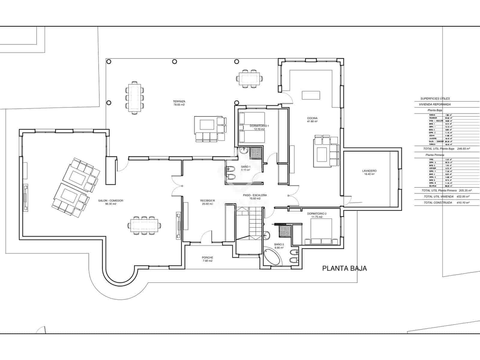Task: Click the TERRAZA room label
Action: (x=179, y=101)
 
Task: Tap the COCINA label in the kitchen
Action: (x=312, y=118)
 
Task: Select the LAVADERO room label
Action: (x=369, y=171)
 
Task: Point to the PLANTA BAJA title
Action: (x=344, y=268)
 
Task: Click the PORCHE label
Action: (x=207, y=258)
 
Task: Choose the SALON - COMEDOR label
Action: (x=110, y=201)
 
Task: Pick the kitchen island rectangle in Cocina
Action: (x=311, y=95)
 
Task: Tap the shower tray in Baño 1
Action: (x=256, y=152)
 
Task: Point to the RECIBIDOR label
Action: (x=208, y=200)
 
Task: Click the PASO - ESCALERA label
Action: (x=255, y=195)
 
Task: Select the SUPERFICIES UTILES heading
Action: (x=435, y=99)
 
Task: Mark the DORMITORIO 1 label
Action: (x=259, y=126)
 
